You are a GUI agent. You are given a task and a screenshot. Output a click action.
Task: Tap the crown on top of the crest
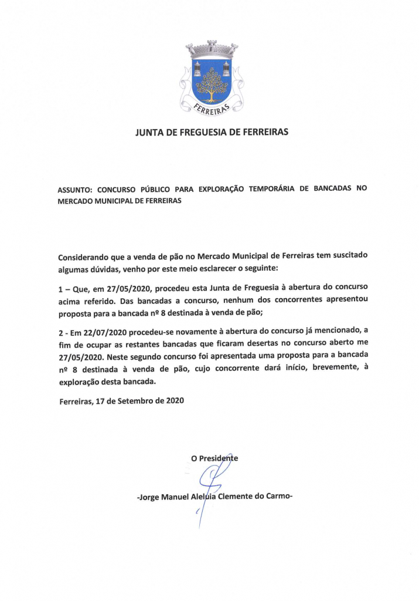pyautogui.click(x=212, y=49)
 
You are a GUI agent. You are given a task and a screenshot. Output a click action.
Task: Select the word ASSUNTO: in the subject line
pyautogui.click(x=75, y=190)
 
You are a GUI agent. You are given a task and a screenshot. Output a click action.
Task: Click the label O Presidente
pyautogui.click(x=214, y=458)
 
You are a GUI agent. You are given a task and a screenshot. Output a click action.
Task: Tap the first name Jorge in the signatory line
pyautogui.click(x=150, y=496)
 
